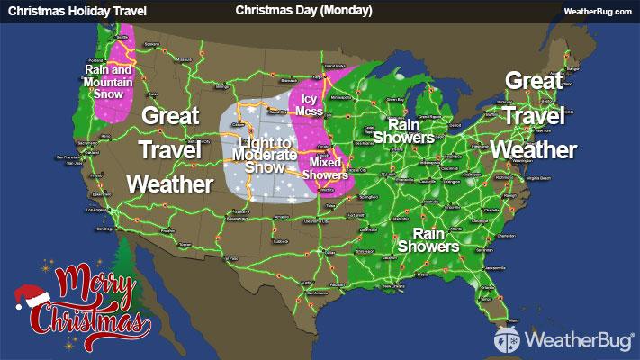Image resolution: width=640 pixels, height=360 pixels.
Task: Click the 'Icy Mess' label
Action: click(x=309, y=104)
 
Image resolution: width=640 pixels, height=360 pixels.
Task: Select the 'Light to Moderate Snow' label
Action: click(x=267, y=156)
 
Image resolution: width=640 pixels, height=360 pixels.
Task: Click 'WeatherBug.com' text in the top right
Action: click(x=599, y=11)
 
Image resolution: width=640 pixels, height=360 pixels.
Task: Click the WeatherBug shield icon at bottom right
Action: click(x=508, y=341)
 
